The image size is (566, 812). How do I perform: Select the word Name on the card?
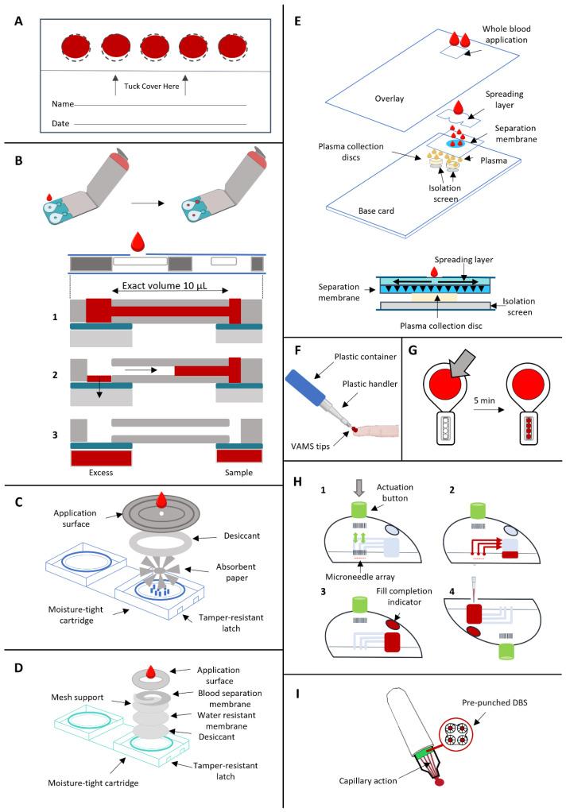click(63, 104)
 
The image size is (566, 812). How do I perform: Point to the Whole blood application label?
click(506, 34)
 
